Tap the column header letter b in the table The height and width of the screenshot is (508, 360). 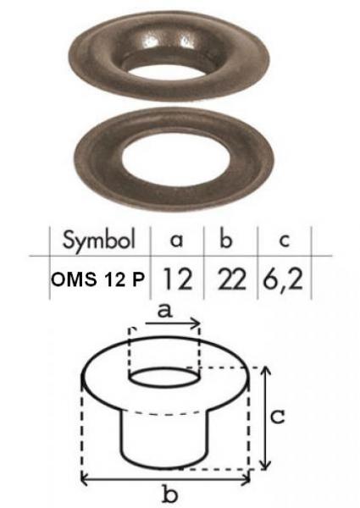point(224,238)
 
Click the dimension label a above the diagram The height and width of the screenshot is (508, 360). point(163,310)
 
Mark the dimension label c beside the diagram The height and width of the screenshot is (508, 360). point(290,417)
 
